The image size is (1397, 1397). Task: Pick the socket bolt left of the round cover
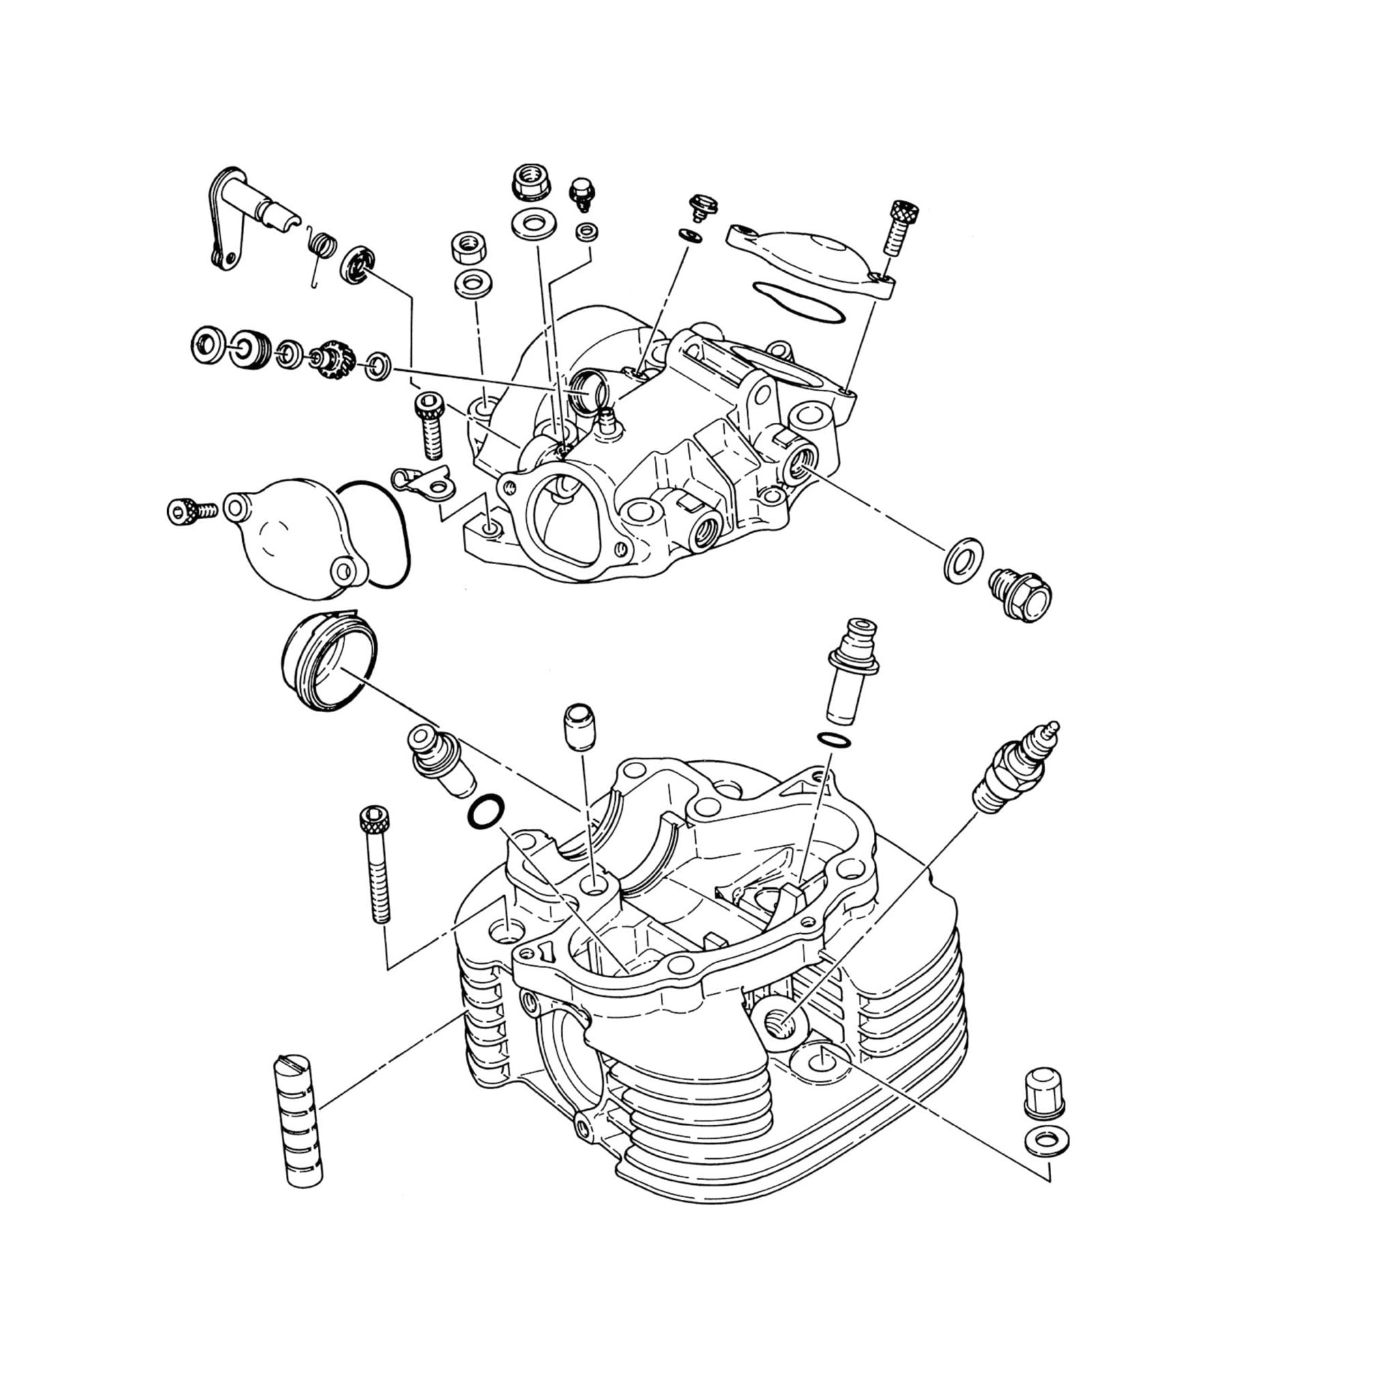[x=189, y=511]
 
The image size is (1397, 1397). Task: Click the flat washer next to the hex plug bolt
[x=962, y=559]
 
